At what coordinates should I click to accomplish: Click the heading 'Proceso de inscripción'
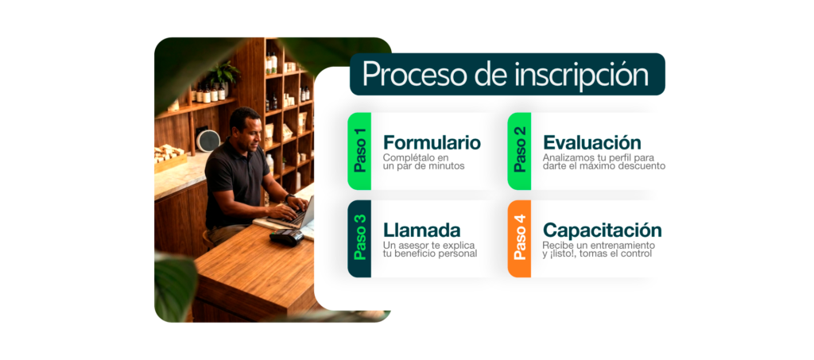pyautogui.click(x=506, y=75)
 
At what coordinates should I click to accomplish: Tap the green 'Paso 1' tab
pyautogui.click(x=359, y=151)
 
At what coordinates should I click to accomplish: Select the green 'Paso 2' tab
pyautogui.click(x=519, y=151)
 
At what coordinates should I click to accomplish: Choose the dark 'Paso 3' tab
pyautogui.click(x=359, y=238)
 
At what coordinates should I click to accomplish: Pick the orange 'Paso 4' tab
pyautogui.click(x=519, y=238)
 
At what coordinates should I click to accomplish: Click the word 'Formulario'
pyautogui.click(x=432, y=142)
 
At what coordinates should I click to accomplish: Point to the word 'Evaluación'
pyautogui.click(x=591, y=142)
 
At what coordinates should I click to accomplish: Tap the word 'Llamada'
pyautogui.click(x=422, y=230)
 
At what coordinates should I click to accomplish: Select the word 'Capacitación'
pyautogui.click(x=603, y=230)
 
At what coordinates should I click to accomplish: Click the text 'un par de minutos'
pyautogui.click(x=424, y=167)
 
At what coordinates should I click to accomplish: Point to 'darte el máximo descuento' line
pyautogui.click(x=604, y=167)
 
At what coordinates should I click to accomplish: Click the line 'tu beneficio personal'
pyautogui.click(x=430, y=254)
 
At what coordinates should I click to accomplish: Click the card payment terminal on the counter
pyautogui.click(x=286, y=237)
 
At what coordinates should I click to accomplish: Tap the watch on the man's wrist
pyautogui.click(x=289, y=198)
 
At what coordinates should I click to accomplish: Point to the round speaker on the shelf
pyautogui.click(x=207, y=141)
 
